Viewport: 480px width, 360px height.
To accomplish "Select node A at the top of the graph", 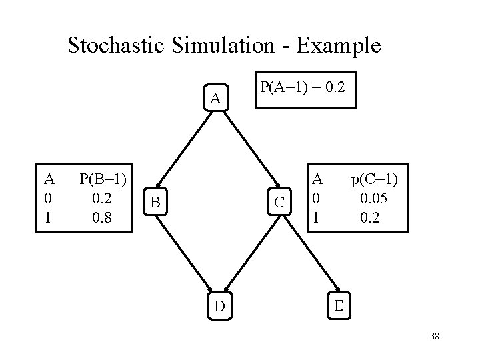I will [x=215, y=99].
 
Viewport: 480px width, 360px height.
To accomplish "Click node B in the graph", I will [x=155, y=201].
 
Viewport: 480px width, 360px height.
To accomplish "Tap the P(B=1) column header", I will [x=104, y=178].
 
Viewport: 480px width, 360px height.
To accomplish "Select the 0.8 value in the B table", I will [x=104, y=218].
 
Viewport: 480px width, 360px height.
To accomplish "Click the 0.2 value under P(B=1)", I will [x=104, y=198].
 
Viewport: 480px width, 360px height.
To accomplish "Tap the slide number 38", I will [x=435, y=336].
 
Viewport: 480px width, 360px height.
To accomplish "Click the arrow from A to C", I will [x=251, y=151].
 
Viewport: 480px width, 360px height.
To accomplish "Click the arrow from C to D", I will [x=250, y=253].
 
